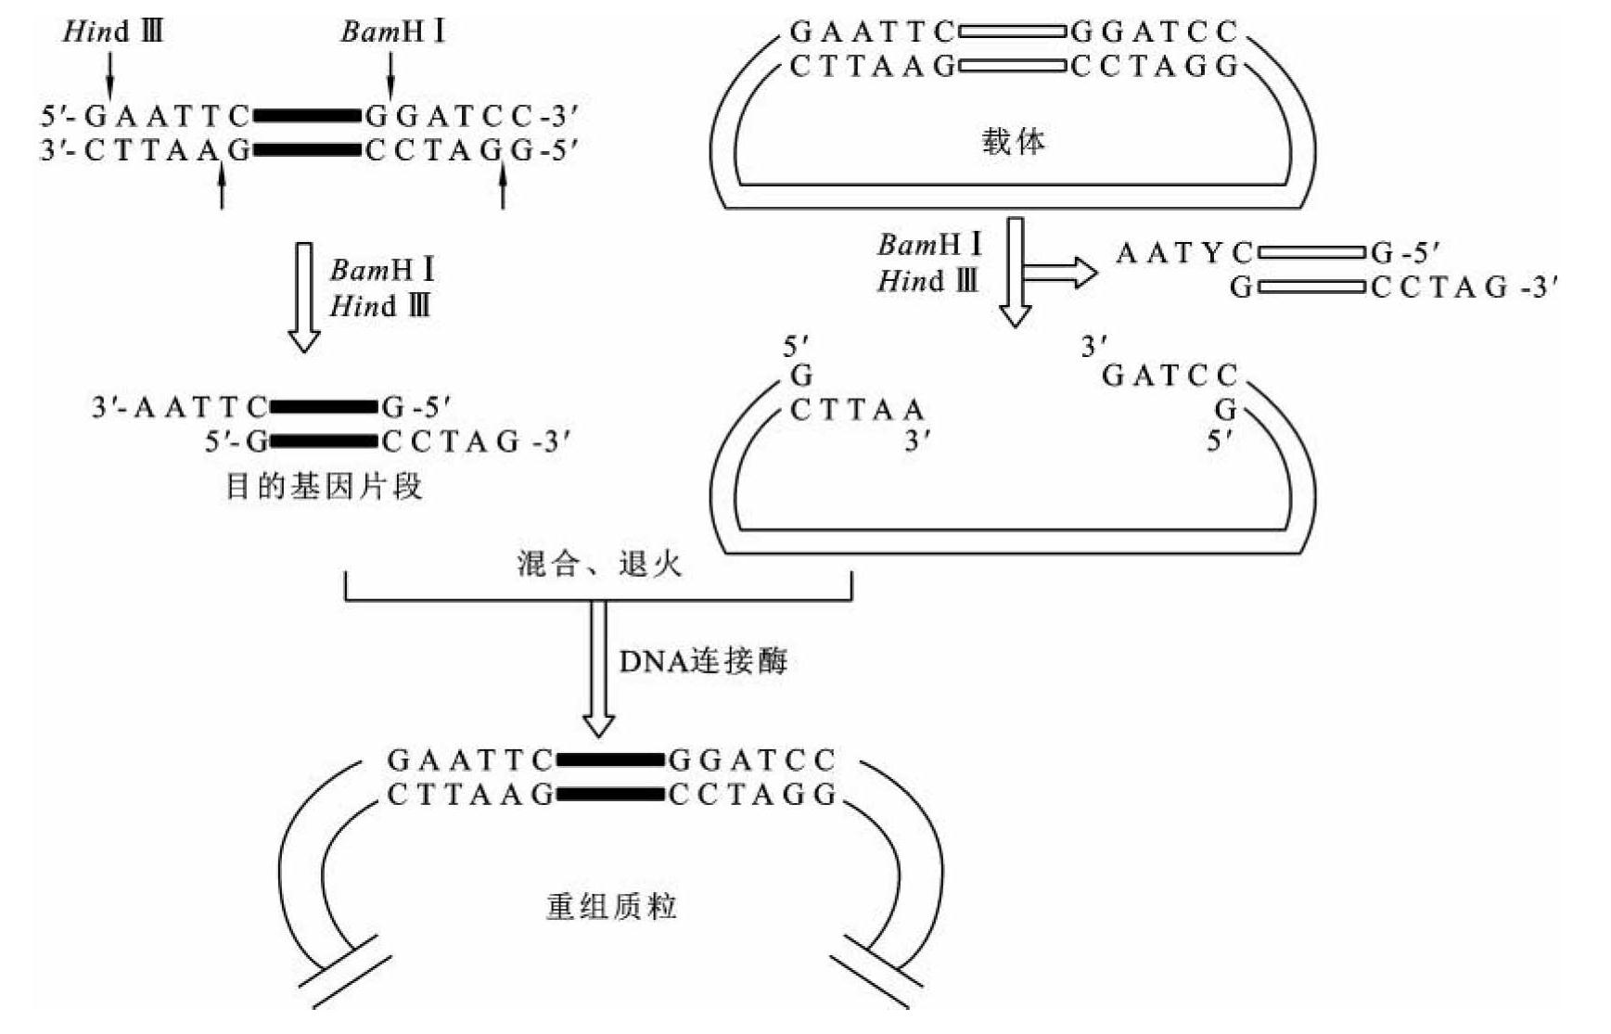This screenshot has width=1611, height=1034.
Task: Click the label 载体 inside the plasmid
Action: pos(1013,143)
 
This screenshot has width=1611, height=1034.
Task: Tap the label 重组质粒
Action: pos(611,906)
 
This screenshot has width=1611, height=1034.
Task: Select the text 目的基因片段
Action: pos(324,486)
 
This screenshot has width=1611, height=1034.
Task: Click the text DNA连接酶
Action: pos(702,661)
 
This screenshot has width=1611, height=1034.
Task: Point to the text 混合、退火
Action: pos(599,564)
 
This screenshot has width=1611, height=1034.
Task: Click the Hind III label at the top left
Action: pos(112,32)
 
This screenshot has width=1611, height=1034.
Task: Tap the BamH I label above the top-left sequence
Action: pos(392,32)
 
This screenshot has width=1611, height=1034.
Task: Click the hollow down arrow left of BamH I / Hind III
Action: pos(303,297)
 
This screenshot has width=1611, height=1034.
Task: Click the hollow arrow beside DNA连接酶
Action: pos(598,668)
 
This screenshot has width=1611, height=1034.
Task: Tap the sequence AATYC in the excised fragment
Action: pos(1183,253)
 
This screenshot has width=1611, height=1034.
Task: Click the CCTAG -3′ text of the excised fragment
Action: pos(1464,288)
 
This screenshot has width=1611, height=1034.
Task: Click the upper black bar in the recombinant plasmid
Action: pos(609,760)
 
